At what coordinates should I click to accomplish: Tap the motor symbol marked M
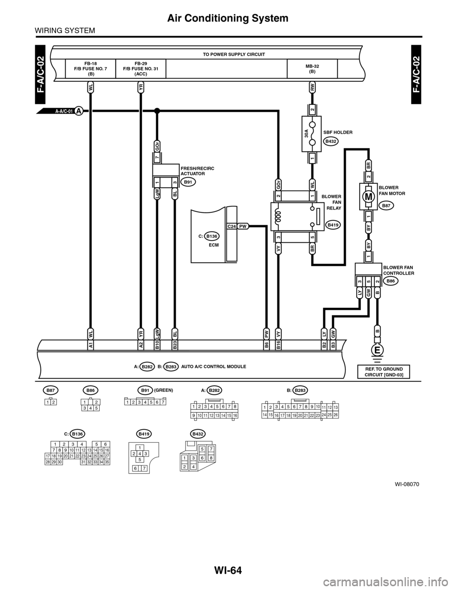click(x=368, y=196)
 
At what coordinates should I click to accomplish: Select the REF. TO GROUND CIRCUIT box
click(x=384, y=372)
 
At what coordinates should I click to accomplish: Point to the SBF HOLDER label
click(x=338, y=132)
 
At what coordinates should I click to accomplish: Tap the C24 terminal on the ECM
click(x=232, y=227)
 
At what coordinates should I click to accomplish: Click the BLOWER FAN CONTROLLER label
click(x=398, y=271)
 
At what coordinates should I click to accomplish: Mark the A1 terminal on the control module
click(x=90, y=345)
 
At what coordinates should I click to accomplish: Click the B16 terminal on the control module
click(x=279, y=345)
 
